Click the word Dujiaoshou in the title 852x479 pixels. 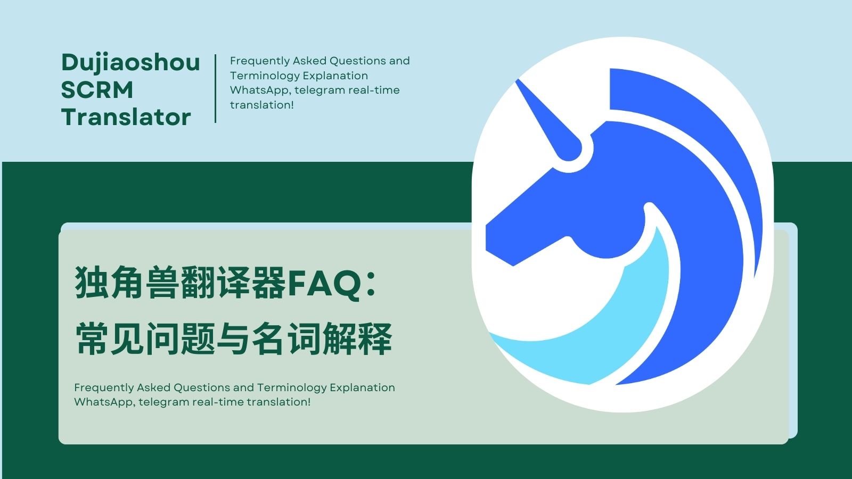pyautogui.click(x=130, y=64)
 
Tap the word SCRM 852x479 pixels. pyautogui.click(x=97, y=90)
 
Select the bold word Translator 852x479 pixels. pyautogui.click(x=126, y=117)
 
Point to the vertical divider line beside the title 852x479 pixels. pyautogui.click(x=216, y=88)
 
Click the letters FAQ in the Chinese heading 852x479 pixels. pyautogui.click(x=324, y=283)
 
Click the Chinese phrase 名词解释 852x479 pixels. pyautogui.click(x=322, y=338)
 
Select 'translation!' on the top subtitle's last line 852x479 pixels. pyautogui.click(x=261, y=105)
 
